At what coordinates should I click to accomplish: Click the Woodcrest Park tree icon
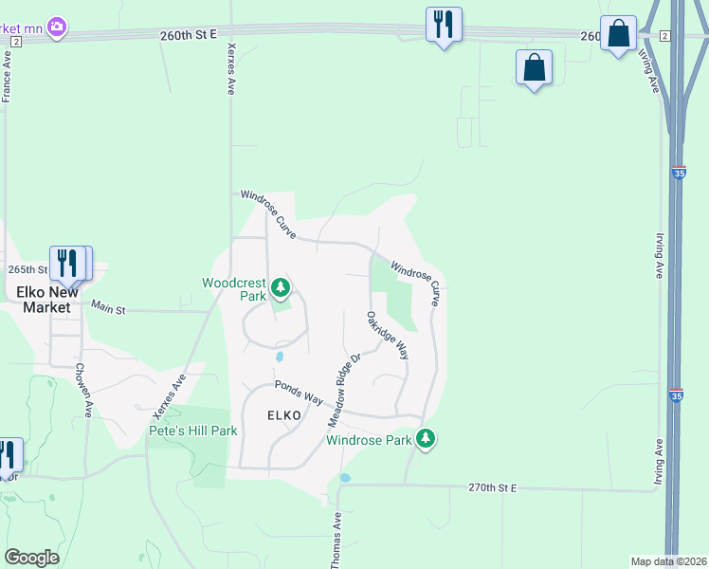tap(280, 286)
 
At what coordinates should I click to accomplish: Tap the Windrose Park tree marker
tap(427, 439)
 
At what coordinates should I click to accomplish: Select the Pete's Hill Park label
tap(192, 431)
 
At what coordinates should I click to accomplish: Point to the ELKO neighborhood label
tap(284, 415)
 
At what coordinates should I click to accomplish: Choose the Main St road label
tap(108, 306)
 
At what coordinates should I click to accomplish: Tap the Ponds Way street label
tap(300, 392)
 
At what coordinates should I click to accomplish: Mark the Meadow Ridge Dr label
tap(345, 389)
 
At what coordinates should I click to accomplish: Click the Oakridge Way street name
tap(388, 335)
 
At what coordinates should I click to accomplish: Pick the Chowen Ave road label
tap(83, 390)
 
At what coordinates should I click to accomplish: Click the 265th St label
tap(27, 269)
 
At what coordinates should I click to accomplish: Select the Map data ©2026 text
tap(668, 561)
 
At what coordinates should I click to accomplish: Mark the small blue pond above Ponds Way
tap(280, 357)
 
